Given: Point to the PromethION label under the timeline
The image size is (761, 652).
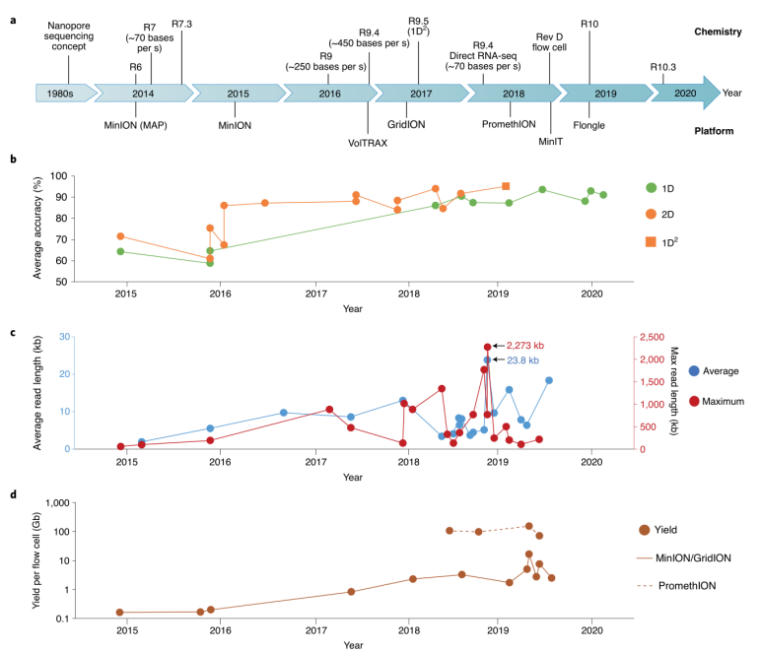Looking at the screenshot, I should click(509, 125).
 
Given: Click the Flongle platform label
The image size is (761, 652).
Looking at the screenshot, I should click(589, 125).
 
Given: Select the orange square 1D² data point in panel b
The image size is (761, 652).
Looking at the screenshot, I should click(506, 186).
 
